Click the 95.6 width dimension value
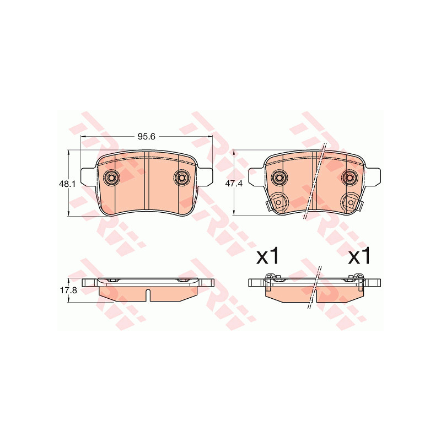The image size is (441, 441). tap(146, 136)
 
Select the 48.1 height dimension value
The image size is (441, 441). tap(67, 184)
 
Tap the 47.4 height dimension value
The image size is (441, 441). tap(234, 184)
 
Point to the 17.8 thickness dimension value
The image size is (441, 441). tap(68, 291)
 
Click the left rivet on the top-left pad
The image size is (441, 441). tap(111, 178)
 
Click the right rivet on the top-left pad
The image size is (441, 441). tap(182, 178)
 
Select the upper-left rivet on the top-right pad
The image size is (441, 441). tap(279, 178)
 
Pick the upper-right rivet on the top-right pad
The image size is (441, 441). tap(349, 178)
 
